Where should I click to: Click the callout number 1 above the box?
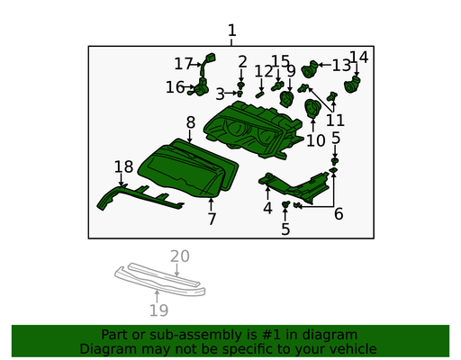[231, 31]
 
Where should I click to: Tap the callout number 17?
[184, 64]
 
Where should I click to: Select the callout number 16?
[176, 87]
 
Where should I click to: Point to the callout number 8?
[191, 122]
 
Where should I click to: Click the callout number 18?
[123, 166]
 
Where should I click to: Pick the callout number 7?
[212, 219]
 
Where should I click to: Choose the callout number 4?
[267, 208]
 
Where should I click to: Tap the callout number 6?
[339, 214]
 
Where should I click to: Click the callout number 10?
[316, 140]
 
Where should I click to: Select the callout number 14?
[359, 57]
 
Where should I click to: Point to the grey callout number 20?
[180, 256]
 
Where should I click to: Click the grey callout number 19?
[158, 310]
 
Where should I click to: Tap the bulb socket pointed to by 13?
[309, 69]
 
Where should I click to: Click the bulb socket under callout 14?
[352, 85]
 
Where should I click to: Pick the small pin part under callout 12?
[259, 94]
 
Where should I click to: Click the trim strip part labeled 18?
[137, 198]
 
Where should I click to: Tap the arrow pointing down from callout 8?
[189, 136]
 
